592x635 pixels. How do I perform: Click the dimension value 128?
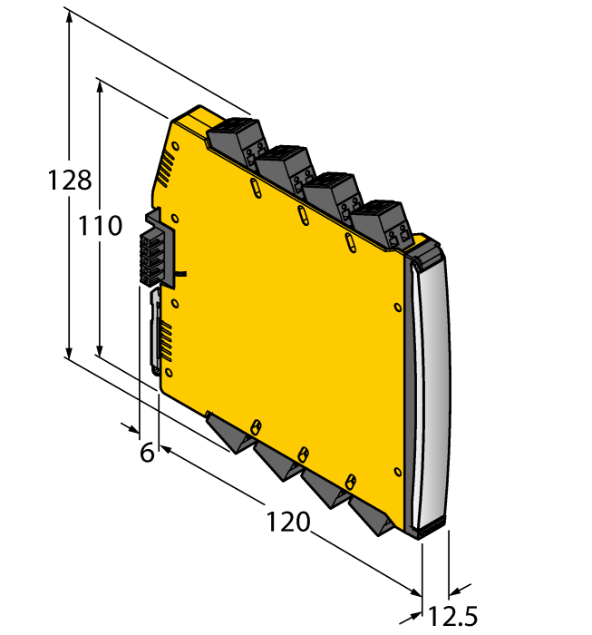pos(70,180)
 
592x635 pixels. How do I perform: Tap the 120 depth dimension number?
pos(288,523)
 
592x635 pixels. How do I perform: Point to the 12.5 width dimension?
pos(452,618)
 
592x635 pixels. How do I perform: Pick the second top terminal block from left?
pos(283,167)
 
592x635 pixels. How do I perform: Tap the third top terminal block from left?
pos(332,195)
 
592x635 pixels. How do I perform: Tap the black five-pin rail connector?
pos(154,248)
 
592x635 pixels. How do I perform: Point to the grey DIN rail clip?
pos(155,331)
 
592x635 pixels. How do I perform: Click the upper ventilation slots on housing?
pos(165,169)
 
